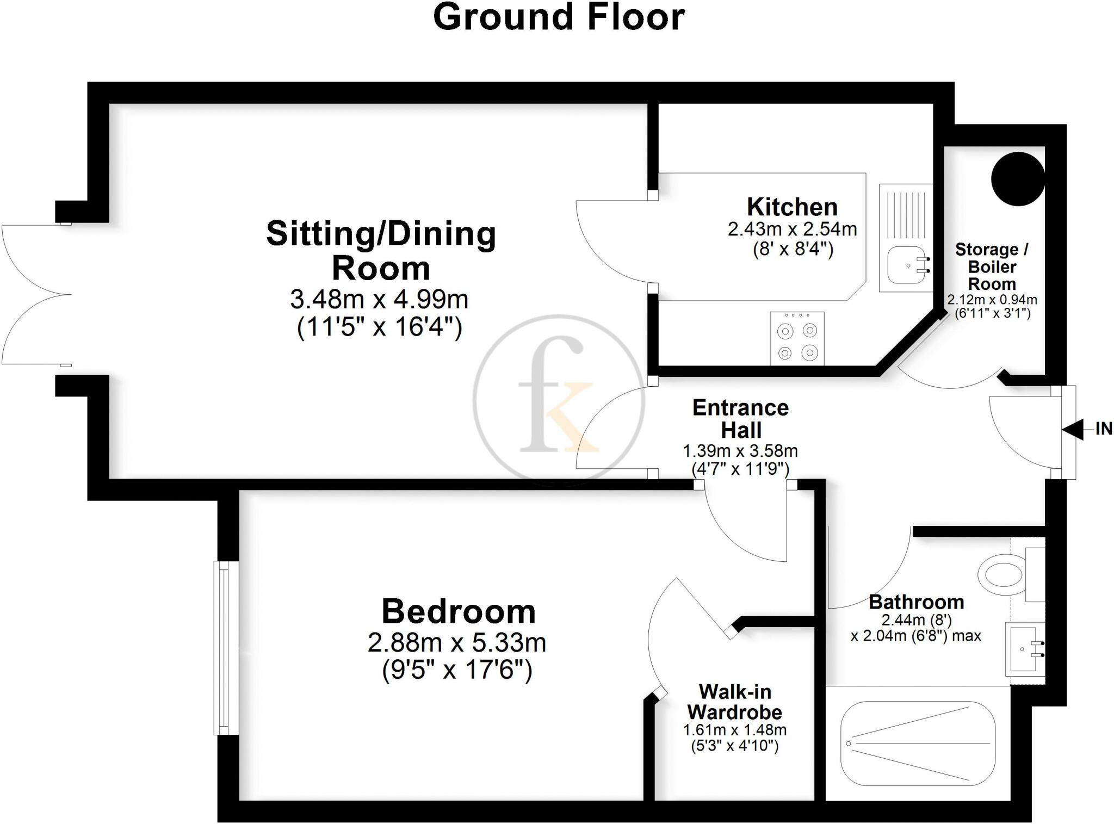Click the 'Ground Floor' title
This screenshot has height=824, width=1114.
point(559,17)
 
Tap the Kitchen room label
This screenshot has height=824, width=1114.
point(792,207)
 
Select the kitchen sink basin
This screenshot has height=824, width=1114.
point(906,265)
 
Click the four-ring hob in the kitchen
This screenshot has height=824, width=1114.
point(797,338)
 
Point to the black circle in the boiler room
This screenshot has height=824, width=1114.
point(1018,179)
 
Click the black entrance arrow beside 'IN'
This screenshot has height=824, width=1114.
point(1072,430)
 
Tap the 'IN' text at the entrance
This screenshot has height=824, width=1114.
point(1103,429)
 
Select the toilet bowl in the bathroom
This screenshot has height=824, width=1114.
point(1001,573)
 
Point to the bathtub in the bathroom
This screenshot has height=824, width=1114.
point(918,744)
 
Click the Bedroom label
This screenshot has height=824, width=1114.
point(459,611)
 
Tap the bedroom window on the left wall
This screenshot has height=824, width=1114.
point(226,648)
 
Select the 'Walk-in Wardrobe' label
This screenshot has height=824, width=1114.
point(735,702)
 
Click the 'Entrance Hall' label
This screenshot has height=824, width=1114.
point(740,419)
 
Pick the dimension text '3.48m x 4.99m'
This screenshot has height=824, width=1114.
point(379,299)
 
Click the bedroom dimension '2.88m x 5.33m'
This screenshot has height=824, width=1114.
point(457,643)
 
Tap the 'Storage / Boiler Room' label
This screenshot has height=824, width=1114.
point(992,267)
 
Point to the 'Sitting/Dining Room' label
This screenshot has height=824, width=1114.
point(381,251)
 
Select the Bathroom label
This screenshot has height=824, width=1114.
point(916,602)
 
